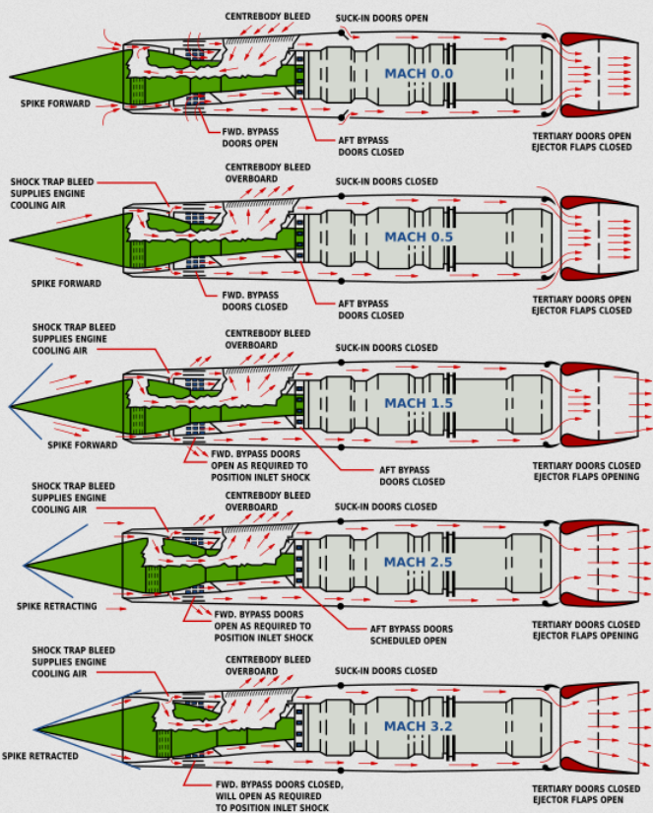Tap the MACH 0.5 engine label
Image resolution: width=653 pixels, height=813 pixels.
420,237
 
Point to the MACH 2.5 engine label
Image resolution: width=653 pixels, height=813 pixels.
420,562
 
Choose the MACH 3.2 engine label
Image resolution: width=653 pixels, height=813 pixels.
420,727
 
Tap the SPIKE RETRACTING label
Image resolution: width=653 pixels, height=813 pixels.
56,606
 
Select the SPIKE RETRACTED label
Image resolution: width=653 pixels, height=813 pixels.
40,756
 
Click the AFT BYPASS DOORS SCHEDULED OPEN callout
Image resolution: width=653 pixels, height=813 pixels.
412,635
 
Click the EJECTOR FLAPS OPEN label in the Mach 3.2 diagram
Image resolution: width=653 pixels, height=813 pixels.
581,800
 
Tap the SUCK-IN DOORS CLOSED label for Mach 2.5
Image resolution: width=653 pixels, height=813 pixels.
386,507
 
